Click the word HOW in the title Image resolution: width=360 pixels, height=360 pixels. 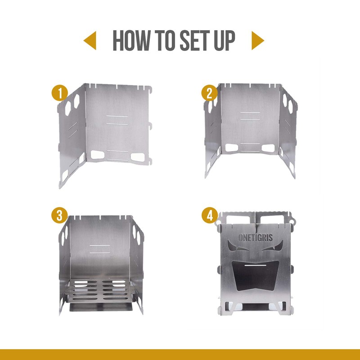click(131, 40)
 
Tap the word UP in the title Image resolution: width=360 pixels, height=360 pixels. click(225, 40)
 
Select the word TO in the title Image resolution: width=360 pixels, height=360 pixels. click(165, 40)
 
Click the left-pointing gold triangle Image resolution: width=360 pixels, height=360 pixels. click(90, 40)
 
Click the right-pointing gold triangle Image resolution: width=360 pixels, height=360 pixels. click(258, 40)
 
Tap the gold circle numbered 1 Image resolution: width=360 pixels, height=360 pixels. click(60, 93)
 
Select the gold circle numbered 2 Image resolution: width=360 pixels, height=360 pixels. click(209, 93)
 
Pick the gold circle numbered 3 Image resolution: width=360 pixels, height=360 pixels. click(59, 216)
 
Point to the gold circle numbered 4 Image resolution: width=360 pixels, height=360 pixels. click(210, 216)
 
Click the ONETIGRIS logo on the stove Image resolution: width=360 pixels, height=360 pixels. click(256, 238)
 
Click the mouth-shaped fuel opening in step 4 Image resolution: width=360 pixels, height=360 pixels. click(256, 275)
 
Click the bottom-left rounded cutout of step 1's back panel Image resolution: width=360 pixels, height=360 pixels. click(97, 155)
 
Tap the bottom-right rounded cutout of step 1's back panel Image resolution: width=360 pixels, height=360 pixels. click(138, 157)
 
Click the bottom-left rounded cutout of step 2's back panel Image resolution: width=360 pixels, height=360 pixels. click(231, 148)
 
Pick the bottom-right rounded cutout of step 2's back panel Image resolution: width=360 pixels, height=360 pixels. click(268, 148)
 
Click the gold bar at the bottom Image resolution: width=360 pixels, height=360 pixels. click(180, 355)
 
